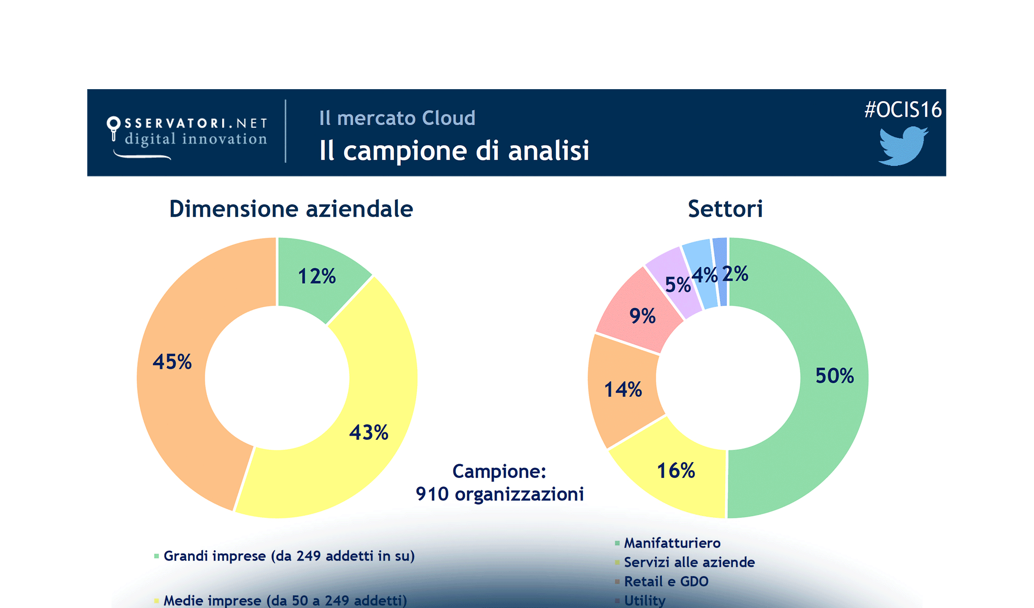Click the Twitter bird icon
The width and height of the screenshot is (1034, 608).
click(903, 146)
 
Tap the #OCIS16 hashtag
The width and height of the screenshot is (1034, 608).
click(903, 109)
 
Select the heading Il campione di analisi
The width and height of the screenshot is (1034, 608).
click(454, 151)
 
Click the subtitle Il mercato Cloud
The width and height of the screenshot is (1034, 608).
click(397, 118)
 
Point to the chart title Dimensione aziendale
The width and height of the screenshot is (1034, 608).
click(291, 209)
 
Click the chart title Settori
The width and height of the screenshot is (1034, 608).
click(725, 209)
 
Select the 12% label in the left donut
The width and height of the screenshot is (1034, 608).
click(317, 277)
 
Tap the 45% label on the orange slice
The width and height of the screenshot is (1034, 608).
click(172, 362)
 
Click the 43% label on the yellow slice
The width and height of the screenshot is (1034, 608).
click(368, 433)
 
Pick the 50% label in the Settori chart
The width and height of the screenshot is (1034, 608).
click(834, 376)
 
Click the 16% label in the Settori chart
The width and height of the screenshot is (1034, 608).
click(676, 471)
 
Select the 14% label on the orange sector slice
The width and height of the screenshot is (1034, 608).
click(623, 390)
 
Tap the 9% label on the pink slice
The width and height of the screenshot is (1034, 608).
click(642, 316)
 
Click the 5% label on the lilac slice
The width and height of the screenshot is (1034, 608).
click(677, 285)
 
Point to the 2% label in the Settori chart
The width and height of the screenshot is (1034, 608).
click(735, 274)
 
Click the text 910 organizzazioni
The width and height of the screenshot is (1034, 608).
click(499, 494)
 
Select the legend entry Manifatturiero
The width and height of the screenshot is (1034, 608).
click(672, 543)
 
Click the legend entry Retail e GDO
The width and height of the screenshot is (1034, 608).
click(666, 582)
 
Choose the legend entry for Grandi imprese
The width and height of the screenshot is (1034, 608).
click(289, 556)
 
